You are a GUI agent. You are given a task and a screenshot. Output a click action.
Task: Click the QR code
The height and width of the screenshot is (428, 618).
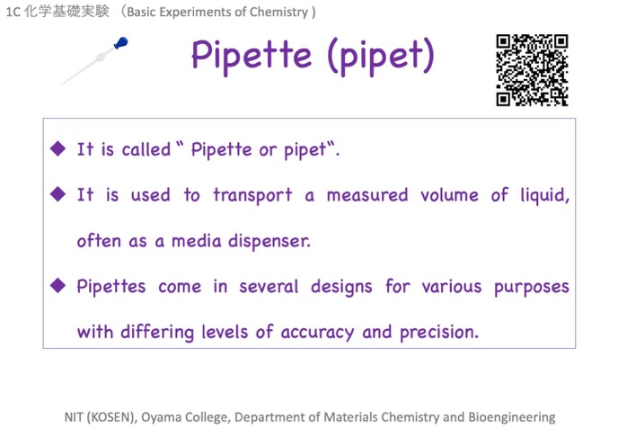[x=532, y=70]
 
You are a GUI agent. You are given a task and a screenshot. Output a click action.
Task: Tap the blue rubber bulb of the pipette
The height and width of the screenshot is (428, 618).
[x=121, y=42]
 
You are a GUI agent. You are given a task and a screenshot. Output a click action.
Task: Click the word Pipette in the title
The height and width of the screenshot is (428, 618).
[x=252, y=56]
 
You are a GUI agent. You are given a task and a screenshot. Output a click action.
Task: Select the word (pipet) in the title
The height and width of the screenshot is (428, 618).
[x=381, y=57]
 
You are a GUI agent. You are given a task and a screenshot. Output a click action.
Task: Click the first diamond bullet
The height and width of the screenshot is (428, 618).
[x=57, y=148]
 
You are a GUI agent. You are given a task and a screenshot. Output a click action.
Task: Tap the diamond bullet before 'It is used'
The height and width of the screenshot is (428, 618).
[x=57, y=194]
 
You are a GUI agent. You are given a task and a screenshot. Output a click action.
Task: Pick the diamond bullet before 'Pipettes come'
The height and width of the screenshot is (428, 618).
[x=57, y=286]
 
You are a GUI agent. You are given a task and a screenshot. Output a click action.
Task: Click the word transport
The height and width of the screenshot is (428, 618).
[x=252, y=196]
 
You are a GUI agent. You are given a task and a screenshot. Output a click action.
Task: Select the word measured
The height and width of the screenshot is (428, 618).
[x=367, y=195]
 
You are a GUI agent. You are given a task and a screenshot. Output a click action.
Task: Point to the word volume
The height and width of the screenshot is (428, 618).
[x=450, y=195]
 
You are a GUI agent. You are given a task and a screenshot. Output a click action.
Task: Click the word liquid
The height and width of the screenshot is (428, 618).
[x=545, y=196]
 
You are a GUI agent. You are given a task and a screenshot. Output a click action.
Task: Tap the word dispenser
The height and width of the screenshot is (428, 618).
[x=269, y=241]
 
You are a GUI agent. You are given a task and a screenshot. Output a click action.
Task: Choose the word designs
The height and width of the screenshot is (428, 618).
[x=341, y=287]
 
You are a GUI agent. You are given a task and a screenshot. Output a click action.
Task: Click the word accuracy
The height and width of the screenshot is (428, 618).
[x=317, y=333]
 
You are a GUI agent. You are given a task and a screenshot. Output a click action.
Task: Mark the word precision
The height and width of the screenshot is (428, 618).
[x=439, y=333]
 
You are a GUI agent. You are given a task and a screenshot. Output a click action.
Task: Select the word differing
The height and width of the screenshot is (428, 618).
[x=157, y=332]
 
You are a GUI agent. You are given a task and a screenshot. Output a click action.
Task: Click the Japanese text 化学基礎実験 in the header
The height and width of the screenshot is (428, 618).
[x=66, y=12]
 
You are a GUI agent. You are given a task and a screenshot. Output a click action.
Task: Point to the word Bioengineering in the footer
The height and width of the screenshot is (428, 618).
[x=512, y=417]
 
